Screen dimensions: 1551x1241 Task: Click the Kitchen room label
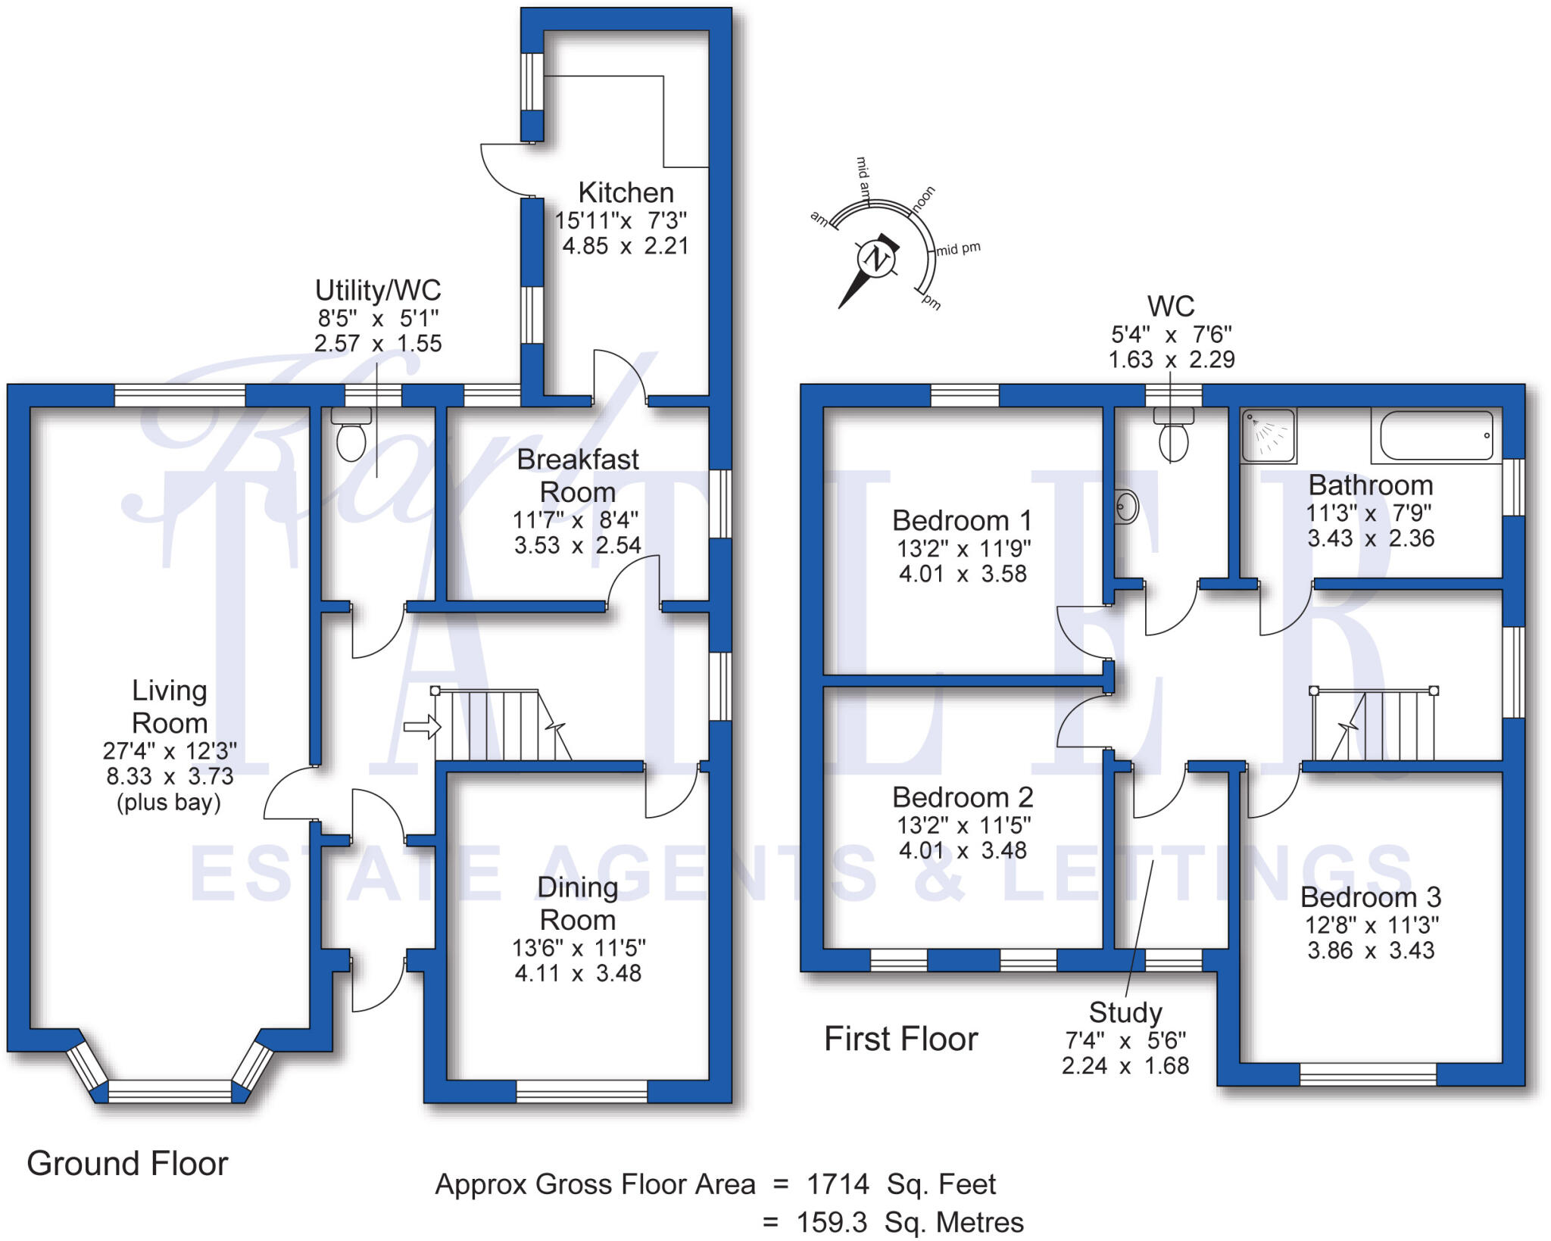tap(626, 193)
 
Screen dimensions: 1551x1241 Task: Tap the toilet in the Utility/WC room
tap(351, 438)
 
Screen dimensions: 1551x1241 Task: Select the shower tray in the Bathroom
tap(1269, 435)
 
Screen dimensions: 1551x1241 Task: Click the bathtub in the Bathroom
tap(1436, 435)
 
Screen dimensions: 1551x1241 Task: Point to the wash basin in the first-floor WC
tap(1126, 507)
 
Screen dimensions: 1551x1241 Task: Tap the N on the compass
tap(876, 259)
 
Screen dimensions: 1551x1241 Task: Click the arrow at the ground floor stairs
tap(422, 728)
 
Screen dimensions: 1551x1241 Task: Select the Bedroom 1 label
tap(962, 521)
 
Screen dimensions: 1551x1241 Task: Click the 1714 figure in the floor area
tap(838, 1183)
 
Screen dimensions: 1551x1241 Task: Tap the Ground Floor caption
tap(127, 1164)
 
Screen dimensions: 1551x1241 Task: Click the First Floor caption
tap(900, 1039)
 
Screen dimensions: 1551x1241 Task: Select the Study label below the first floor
tap(1125, 1012)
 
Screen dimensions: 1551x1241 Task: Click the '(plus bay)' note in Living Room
tap(169, 803)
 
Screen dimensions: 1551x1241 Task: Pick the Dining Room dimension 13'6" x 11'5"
tap(579, 947)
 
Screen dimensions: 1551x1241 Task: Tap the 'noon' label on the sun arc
tap(923, 198)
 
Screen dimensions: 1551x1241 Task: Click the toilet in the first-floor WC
tap(1173, 437)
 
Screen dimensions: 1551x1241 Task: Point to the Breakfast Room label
tap(578, 476)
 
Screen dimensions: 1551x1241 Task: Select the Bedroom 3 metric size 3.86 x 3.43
tap(1371, 950)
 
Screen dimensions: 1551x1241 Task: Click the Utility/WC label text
tap(378, 290)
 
